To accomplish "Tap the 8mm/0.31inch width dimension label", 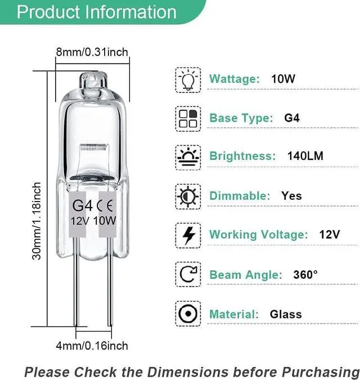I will (92, 52).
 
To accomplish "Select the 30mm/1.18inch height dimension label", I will (37, 220).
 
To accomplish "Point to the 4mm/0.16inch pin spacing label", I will (92, 345).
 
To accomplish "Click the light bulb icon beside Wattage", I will (188, 79).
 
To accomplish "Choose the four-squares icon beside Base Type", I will (188, 118).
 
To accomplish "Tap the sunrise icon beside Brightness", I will (188, 157).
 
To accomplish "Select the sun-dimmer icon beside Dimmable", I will (188, 196).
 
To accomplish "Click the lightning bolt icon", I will (188, 235).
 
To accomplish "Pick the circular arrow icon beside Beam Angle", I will (188, 275).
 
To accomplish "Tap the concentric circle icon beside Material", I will (188, 314).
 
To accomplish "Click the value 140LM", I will (305, 157).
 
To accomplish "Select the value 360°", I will (305, 275).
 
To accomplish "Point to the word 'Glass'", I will (286, 314).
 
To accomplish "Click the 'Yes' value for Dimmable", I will (291, 196).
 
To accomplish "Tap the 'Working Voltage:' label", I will (258, 235).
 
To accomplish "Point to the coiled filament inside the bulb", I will (93, 151).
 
